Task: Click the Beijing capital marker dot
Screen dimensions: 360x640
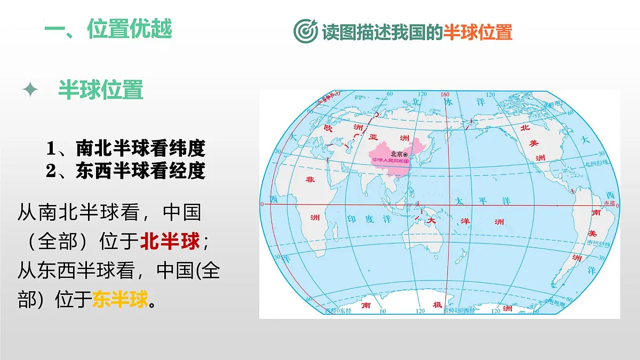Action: [x=405, y=154]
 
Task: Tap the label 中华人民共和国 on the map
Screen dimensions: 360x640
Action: [x=390, y=160]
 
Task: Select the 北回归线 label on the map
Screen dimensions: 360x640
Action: [x=597, y=164]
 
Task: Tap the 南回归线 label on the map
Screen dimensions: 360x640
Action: [x=598, y=243]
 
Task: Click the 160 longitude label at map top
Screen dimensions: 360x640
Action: [x=445, y=94]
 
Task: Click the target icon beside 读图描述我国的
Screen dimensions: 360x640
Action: [x=306, y=31]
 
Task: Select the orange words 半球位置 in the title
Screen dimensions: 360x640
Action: [x=478, y=32]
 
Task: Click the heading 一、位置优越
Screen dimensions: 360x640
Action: [x=108, y=29]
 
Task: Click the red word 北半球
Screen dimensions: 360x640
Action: [x=170, y=242]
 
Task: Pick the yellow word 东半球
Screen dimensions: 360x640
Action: [x=120, y=300]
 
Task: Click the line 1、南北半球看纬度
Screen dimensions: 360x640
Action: [x=125, y=148]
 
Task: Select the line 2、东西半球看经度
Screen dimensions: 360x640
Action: [x=125, y=171]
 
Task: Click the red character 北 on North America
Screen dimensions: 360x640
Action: [x=524, y=127]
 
